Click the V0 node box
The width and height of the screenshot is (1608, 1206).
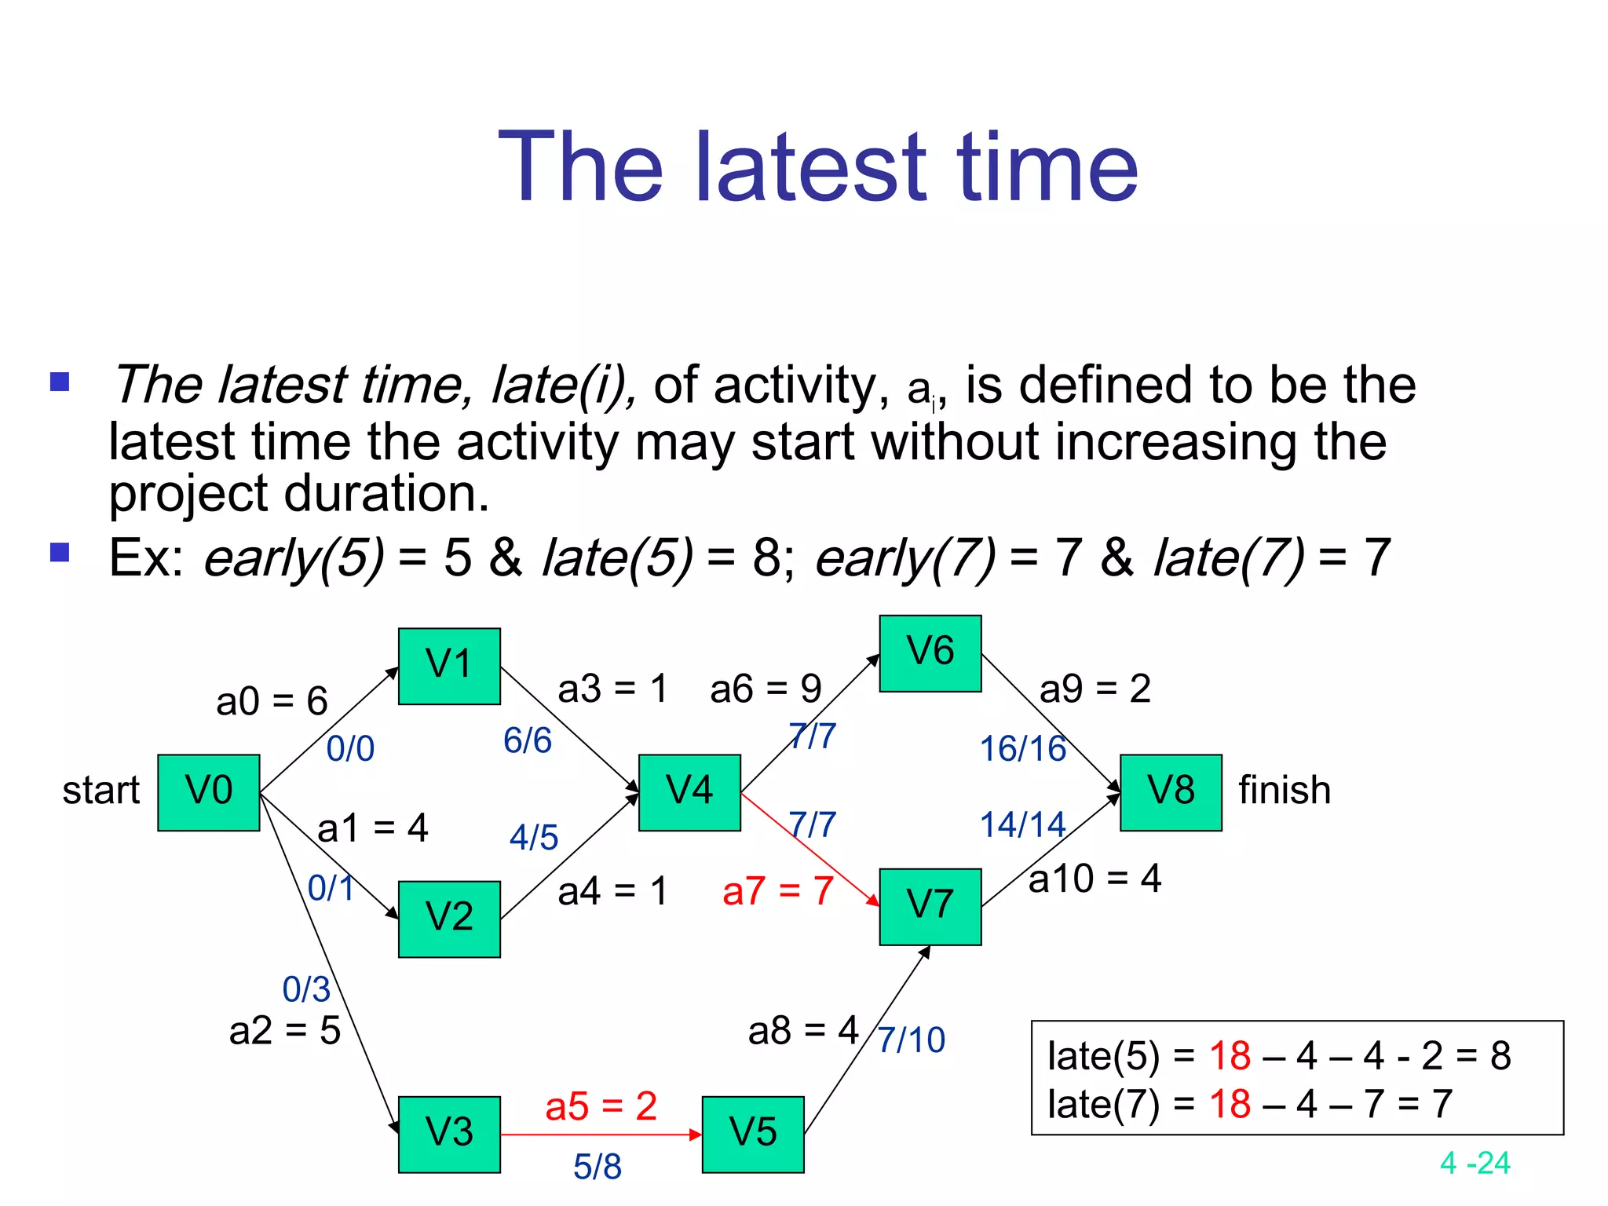[208, 792]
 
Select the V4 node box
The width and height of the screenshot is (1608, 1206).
[689, 792]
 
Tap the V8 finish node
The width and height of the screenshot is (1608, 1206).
[1171, 792]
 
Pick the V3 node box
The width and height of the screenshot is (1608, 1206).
[449, 1134]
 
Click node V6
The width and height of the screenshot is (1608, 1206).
[930, 653]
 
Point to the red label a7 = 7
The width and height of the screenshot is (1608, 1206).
[777, 891]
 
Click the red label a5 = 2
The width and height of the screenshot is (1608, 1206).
[601, 1106]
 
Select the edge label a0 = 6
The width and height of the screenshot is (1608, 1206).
[272, 700]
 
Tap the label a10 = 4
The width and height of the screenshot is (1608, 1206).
[1095, 878]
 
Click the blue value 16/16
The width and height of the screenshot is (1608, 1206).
[1022, 748]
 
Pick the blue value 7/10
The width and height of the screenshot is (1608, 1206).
[911, 1040]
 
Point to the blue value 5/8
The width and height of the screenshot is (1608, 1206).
[598, 1166]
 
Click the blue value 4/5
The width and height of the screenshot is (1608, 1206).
[534, 837]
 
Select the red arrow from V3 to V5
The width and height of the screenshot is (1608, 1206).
[601, 1135]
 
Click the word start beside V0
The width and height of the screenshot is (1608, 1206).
[100, 790]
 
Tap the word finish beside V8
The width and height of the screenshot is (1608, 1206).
[1285, 790]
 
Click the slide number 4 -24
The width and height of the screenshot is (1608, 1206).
[1475, 1163]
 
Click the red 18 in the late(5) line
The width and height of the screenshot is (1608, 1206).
[1230, 1055]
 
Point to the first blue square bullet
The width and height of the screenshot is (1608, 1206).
[60, 382]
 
